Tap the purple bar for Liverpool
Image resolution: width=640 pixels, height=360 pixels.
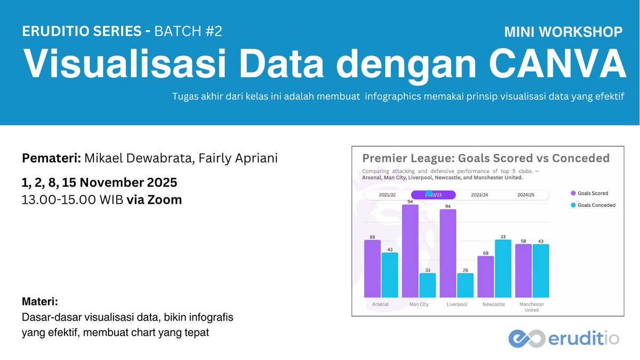448,253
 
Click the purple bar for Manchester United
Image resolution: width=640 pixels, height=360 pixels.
524,270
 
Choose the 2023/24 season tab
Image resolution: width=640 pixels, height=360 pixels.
479,195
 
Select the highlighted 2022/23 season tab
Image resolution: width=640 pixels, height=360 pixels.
434,195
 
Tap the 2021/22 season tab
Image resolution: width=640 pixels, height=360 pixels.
387,195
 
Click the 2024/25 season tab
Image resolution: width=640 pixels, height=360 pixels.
526,195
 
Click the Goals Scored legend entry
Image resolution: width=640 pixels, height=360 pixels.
592,193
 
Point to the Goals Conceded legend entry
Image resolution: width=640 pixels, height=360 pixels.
596,205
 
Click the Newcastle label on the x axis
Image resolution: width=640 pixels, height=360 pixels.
493,305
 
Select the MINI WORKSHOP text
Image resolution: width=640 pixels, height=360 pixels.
563,32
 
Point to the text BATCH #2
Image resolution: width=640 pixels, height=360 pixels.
188,31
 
